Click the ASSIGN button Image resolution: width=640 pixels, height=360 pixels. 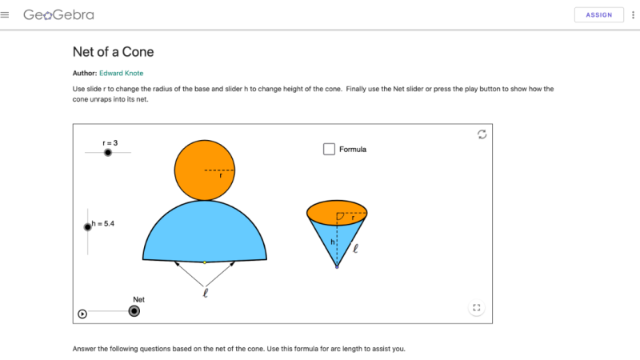(x=598, y=14)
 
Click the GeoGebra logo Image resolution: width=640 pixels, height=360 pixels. (x=58, y=14)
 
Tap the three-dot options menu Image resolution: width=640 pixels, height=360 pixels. (x=633, y=14)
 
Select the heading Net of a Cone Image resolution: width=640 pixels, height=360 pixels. (x=113, y=52)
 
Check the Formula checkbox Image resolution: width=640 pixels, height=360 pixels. (x=329, y=149)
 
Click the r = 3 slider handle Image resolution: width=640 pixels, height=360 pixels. (x=108, y=152)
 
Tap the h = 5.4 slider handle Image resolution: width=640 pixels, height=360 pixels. (x=88, y=226)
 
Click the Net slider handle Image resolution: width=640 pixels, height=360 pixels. (x=134, y=311)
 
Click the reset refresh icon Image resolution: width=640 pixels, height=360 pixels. (x=482, y=134)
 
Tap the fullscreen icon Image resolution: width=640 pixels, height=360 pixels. (x=476, y=307)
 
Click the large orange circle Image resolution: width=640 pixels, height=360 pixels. (x=196, y=164)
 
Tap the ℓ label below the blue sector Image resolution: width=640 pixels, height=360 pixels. (x=206, y=293)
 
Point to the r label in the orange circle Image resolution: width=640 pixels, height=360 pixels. (x=221, y=175)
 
